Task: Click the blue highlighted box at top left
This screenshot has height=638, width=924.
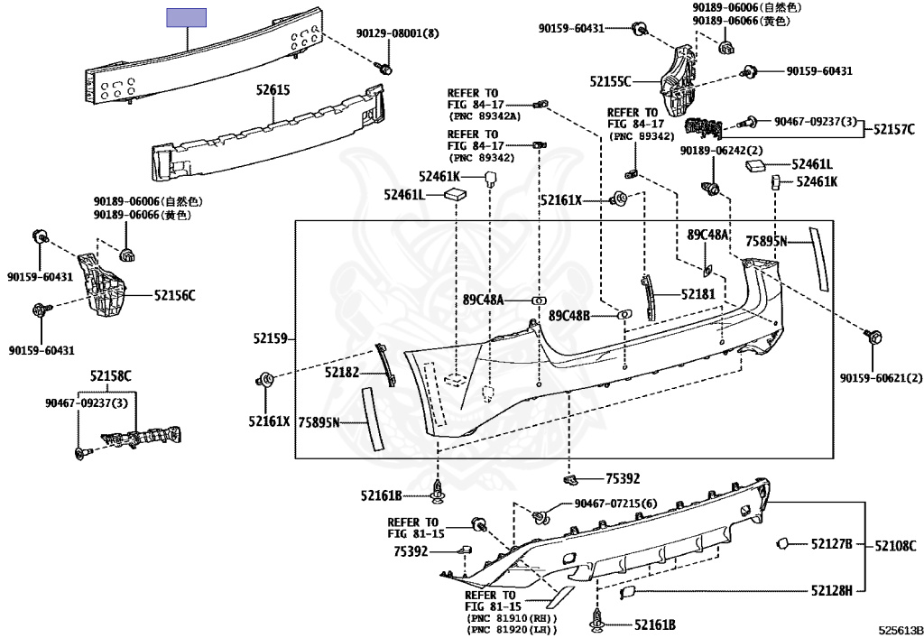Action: pyautogui.click(x=187, y=16)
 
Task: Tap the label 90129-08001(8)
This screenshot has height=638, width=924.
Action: pyautogui.click(x=397, y=33)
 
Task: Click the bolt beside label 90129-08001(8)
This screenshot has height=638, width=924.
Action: pyautogui.click(x=385, y=69)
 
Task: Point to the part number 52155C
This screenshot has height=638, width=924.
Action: pyautogui.click(x=611, y=81)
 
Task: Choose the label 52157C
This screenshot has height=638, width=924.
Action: pyautogui.click(x=893, y=129)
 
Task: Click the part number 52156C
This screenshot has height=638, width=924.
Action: pyautogui.click(x=174, y=295)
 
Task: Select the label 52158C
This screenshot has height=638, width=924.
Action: pyautogui.click(x=110, y=375)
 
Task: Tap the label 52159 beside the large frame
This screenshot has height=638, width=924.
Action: pyautogui.click(x=270, y=339)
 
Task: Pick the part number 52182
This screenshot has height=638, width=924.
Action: pyautogui.click(x=342, y=372)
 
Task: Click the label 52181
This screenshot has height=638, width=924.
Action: pyautogui.click(x=698, y=293)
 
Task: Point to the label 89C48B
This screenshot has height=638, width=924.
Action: pyautogui.click(x=568, y=316)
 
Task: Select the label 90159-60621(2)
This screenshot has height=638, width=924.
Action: pyautogui.click(x=869, y=377)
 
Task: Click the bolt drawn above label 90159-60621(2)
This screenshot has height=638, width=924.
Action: pyautogui.click(x=874, y=337)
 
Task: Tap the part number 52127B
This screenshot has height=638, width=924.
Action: pyautogui.click(x=831, y=543)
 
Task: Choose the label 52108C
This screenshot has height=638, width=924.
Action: pyautogui.click(x=895, y=545)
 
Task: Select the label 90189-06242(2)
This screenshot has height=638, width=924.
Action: pyautogui.click(x=722, y=150)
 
